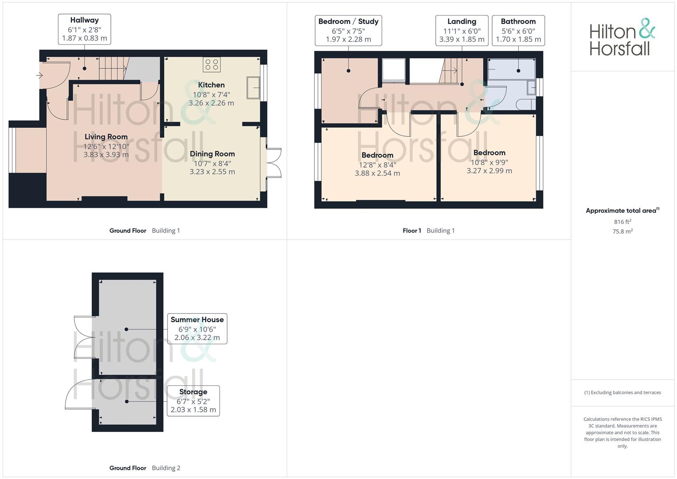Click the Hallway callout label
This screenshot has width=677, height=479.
(x=84, y=29)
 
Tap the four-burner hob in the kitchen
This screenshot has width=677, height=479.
(x=211, y=64)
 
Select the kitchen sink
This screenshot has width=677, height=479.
(x=253, y=88)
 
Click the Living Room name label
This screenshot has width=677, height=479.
(x=106, y=137)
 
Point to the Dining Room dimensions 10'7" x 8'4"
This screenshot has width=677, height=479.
(x=212, y=164)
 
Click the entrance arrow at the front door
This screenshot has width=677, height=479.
(x=39, y=75)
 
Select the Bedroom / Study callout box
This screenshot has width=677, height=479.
(x=348, y=31)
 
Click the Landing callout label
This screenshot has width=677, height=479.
(x=462, y=31)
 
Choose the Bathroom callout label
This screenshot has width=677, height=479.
(x=518, y=31)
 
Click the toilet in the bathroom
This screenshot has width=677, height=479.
(x=526, y=105)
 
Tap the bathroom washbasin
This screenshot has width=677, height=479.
(x=531, y=87)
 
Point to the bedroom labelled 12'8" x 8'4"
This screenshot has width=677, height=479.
(x=377, y=164)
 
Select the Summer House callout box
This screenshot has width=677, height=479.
(x=197, y=329)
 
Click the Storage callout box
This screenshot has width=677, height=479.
(x=193, y=401)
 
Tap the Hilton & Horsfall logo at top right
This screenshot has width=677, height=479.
(x=622, y=37)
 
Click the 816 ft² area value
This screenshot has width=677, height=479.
(x=622, y=222)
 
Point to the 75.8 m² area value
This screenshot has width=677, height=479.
(x=622, y=232)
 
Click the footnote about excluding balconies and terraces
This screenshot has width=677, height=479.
(x=622, y=393)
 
